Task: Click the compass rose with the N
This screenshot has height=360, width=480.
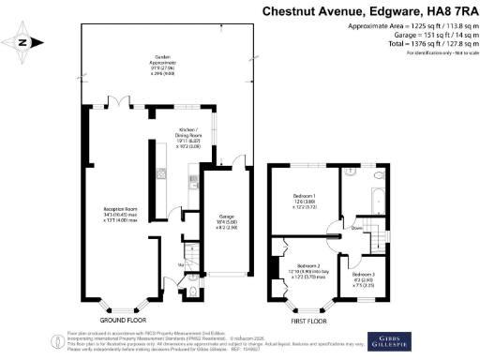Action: (26, 40)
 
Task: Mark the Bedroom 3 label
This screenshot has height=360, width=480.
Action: (364, 276)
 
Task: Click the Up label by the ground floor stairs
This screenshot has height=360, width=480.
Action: (180, 264)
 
